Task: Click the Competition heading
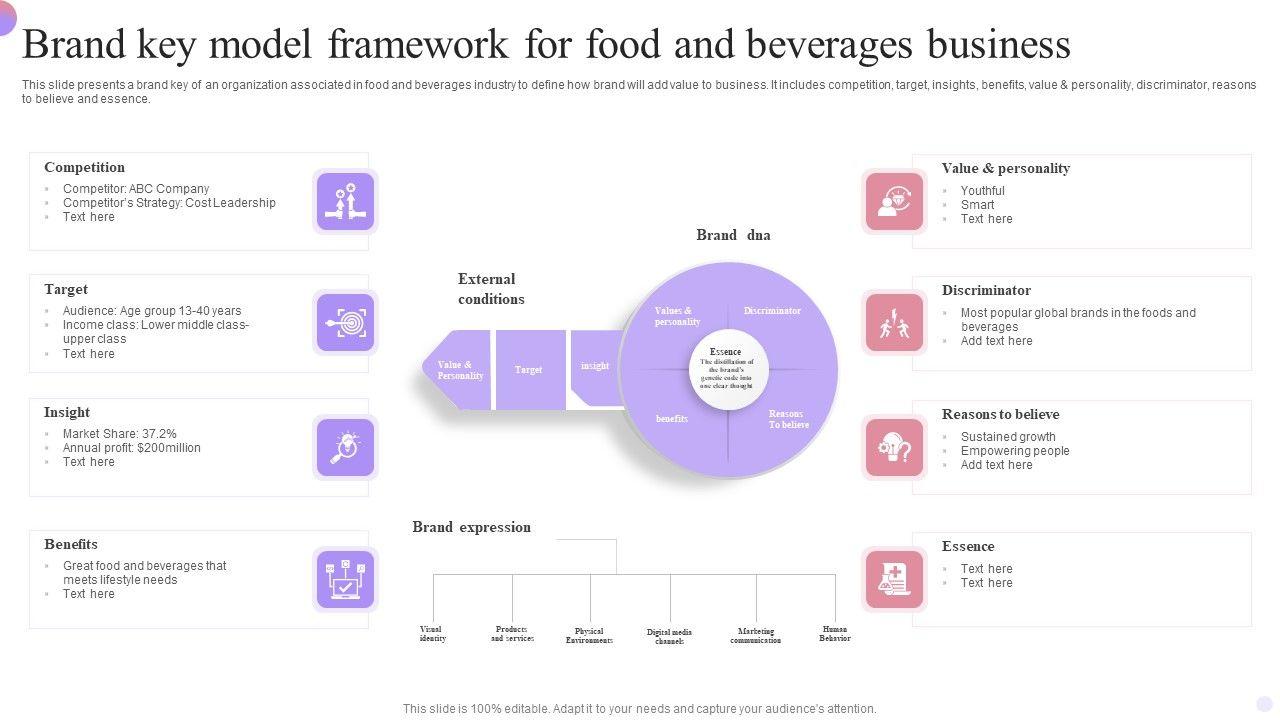(x=84, y=167)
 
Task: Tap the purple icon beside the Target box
(x=345, y=323)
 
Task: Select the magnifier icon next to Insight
(x=345, y=447)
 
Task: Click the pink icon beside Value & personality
(x=894, y=202)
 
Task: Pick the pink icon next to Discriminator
(x=894, y=323)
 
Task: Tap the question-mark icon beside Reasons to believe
(x=894, y=447)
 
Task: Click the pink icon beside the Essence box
(x=894, y=579)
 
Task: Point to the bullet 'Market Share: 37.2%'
(x=119, y=434)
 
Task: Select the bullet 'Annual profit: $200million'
(x=131, y=448)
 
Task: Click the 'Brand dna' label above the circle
(x=733, y=235)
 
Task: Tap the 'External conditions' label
(x=491, y=289)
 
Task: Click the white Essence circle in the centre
(x=728, y=371)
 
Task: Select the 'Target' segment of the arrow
(x=529, y=370)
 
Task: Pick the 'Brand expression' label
(x=471, y=527)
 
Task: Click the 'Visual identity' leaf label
(x=432, y=634)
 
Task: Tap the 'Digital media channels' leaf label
(x=669, y=636)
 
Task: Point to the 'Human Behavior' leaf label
(x=834, y=634)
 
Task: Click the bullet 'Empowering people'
(x=1015, y=451)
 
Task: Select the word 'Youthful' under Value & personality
(x=982, y=191)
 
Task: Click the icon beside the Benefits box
(x=345, y=579)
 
